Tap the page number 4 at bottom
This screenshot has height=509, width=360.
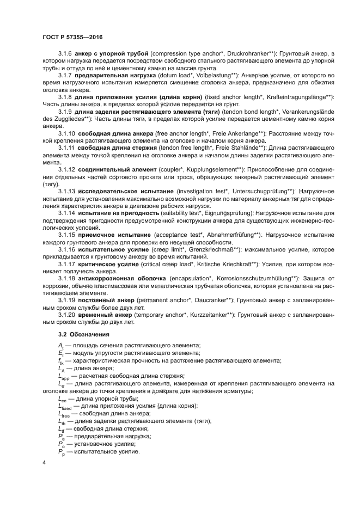coord(44,463)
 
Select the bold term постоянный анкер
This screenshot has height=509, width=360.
coord(105,299)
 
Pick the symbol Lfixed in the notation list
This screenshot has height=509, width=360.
coord(64,407)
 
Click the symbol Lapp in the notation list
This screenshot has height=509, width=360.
coord(63,376)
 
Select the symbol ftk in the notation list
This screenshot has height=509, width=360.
coord(61,361)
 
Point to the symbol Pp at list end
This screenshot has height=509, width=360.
coord(61,451)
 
